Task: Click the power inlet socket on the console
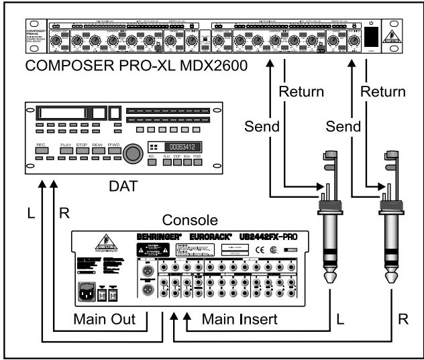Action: (87, 292)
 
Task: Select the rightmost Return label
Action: (383, 91)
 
